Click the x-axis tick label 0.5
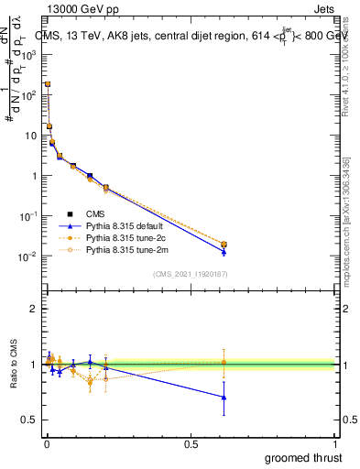[191, 444]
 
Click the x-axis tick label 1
[335, 444]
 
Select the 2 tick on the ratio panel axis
[34, 309]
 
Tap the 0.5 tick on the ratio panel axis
[30, 420]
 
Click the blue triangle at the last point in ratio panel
[224, 397]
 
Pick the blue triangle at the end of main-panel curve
[224, 251]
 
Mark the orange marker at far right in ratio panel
[224, 362]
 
